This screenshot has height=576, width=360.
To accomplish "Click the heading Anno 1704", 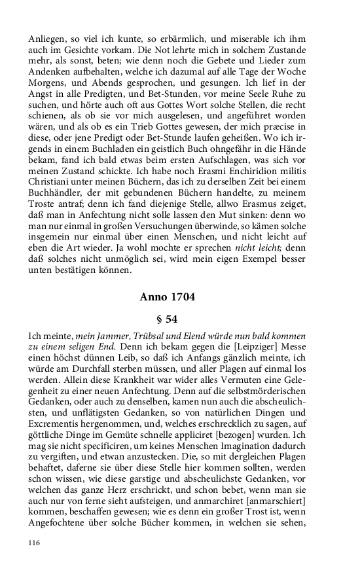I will (167, 297).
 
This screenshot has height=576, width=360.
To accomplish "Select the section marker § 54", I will (167, 320).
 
